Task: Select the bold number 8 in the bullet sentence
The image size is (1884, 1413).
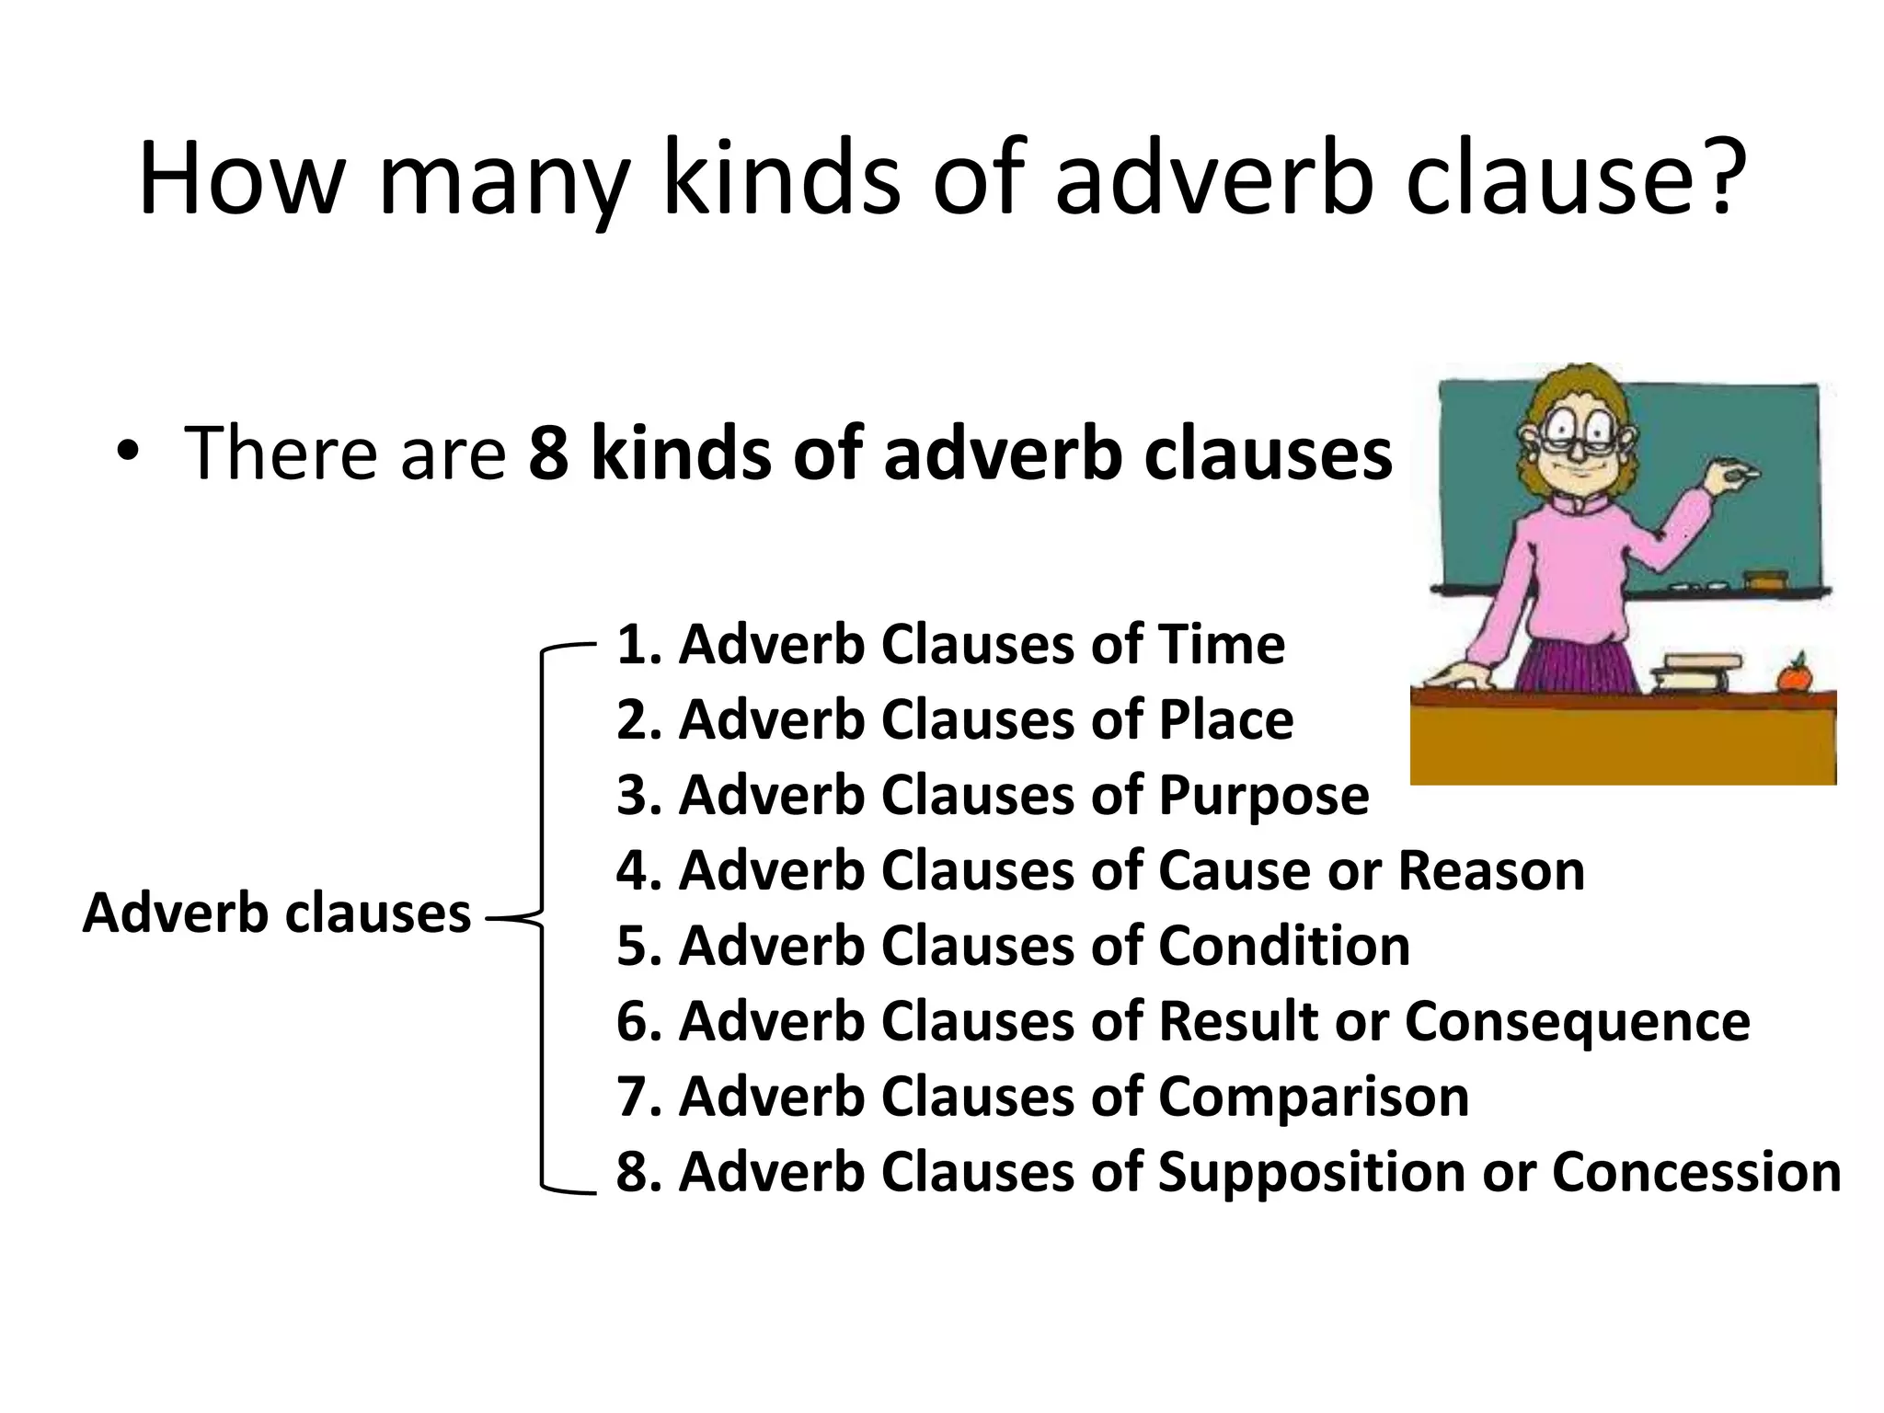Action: [x=548, y=453]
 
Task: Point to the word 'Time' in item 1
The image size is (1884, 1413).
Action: [x=1221, y=644]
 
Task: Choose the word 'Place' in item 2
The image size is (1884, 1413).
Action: [x=1225, y=719]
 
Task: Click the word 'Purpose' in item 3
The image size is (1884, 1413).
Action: [x=1263, y=797]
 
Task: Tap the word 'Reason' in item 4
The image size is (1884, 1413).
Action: [x=1491, y=870]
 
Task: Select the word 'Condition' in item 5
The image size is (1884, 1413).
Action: [x=1283, y=946]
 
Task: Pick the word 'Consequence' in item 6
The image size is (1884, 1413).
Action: [x=1577, y=1022]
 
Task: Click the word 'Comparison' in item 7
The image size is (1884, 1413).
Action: [x=1313, y=1097]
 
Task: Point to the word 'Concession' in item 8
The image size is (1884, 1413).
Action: [x=1696, y=1172]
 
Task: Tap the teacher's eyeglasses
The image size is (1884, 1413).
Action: [x=1580, y=431]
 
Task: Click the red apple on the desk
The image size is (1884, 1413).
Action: [x=1793, y=674]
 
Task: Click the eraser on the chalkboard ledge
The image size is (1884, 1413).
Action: [x=1766, y=579]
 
